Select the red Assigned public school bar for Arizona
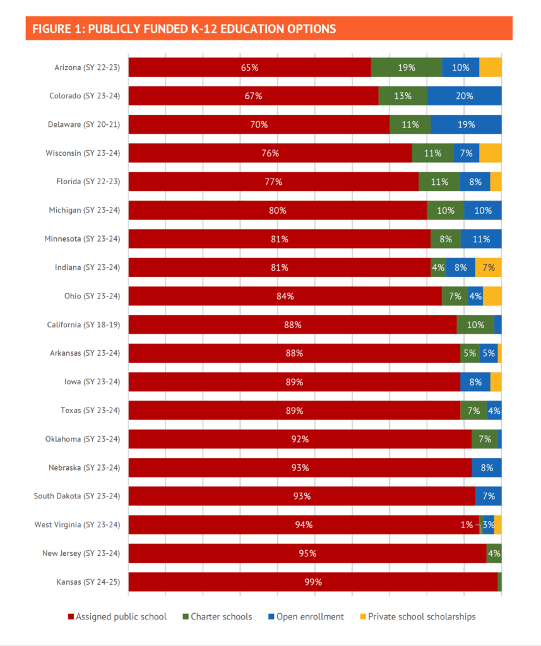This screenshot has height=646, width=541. (x=249, y=68)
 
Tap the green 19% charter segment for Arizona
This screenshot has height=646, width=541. (x=406, y=68)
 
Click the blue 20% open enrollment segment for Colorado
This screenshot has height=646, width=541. (x=464, y=96)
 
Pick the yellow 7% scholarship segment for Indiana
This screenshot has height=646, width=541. (x=488, y=267)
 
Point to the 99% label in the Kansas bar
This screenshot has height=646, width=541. (x=313, y=582)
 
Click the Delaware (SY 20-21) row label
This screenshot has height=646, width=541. (x=84, y=125)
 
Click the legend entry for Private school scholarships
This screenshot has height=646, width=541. (x=417, y=616)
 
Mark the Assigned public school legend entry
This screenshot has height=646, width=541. (x=117, y=616)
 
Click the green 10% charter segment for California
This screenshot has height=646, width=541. (x=475, y=325)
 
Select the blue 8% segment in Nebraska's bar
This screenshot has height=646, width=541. (x=487, y=467)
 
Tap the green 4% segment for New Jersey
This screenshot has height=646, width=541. (x=494, y=553)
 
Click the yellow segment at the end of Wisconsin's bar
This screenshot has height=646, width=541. (x=490, y=153)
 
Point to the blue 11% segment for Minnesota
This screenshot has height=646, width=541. (x=481, y=239)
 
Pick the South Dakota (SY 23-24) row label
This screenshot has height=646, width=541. (x=76, y=496)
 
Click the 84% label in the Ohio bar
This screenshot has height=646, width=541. (x=285, y=297)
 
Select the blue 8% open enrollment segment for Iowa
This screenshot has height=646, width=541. (x=475, y=382)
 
